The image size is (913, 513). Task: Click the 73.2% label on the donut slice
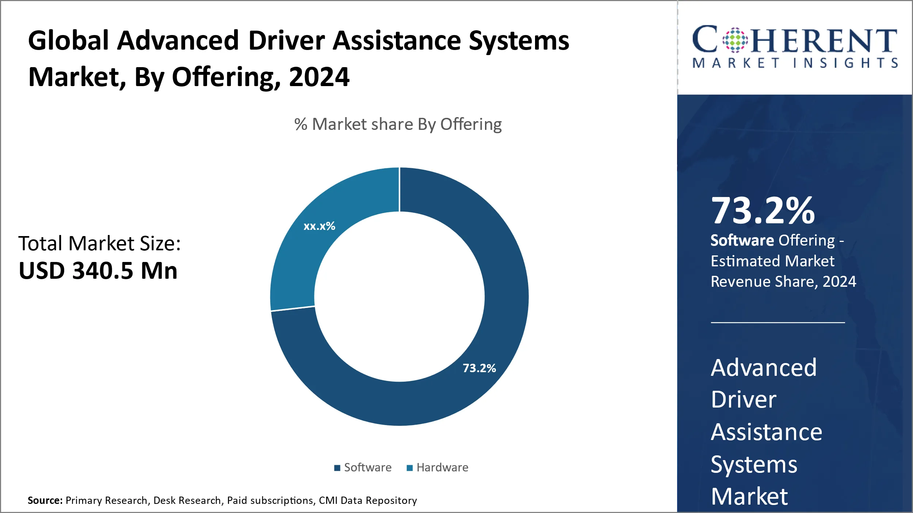coord(479,368)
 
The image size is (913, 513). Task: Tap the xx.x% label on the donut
coord(319,226)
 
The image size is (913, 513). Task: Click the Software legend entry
coord(363,467)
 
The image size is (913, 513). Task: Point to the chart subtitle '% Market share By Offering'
coord(398,124)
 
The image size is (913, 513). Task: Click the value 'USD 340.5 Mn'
coord(98,271)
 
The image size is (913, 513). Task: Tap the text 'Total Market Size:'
coord(99,243)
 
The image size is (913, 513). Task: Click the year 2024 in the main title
coord(319,77)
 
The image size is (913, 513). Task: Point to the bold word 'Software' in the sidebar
coord(742,240)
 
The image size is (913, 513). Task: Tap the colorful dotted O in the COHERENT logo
coord(735,40)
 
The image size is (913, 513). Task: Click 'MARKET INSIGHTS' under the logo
coord(795,63)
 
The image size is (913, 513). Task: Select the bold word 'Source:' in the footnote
coord(45,500)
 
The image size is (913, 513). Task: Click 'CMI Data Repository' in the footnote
coord(368,500)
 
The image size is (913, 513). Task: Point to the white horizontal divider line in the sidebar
coord(778,323)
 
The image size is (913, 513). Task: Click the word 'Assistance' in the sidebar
coord(766,432)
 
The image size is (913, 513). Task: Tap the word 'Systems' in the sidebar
coord(754,464)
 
